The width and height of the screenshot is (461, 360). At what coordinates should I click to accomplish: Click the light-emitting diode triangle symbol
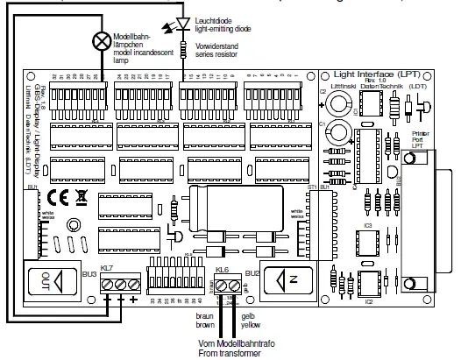(x=183, y=24)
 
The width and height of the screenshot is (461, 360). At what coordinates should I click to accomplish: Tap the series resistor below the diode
(x=183, y=45)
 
